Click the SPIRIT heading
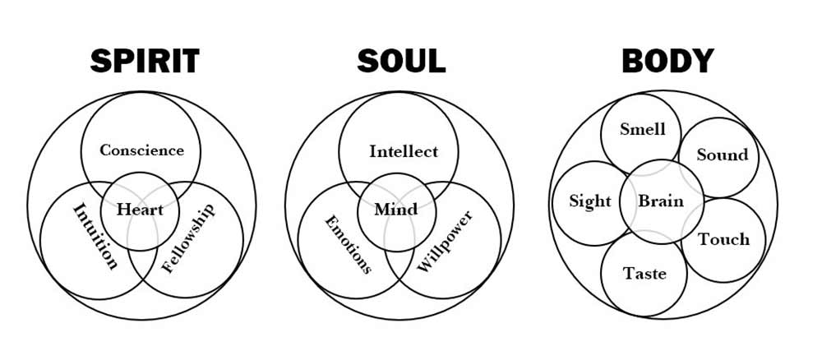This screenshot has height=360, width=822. pos(144,61)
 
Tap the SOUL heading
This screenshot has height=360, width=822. pos(402,61)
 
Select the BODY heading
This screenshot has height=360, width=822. pos(667,61)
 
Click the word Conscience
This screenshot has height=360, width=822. pos(141,150)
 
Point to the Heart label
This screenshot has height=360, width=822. pos(140,210)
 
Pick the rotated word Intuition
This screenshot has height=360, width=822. pos(95,237)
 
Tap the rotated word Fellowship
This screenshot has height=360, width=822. pos(187,238)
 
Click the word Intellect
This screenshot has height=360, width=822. pos(403,151)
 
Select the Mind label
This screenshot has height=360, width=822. pos(396,210)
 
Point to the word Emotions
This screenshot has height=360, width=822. pos(348,244)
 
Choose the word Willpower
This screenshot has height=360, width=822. pos(445,242)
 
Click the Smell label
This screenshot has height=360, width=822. pos(642,129)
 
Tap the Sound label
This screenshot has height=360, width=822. pos(723,155)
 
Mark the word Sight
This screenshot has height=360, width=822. pos(590,201)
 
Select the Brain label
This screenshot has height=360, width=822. pos(661,201)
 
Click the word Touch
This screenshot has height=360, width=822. pos(723,239)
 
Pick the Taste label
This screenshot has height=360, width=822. pos(644,273)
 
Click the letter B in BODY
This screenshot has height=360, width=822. pos(633,61)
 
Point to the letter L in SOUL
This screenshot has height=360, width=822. pos(436,61)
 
